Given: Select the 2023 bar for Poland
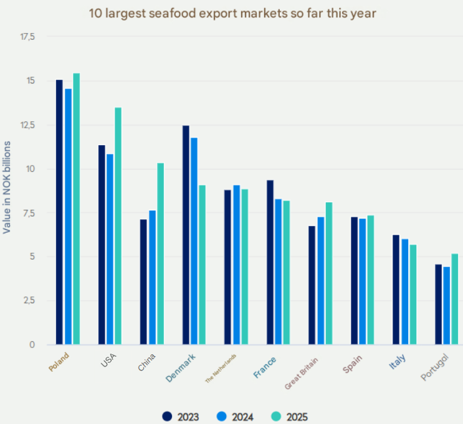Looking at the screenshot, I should (x=59, y=212).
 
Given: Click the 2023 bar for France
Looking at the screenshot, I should (x=270, y=262).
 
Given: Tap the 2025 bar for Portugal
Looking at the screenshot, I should (x=456, y=299).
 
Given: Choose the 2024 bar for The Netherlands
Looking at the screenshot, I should (x=236, y=265).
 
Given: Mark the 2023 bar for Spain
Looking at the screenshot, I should (x=354, y=281).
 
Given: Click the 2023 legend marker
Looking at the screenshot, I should (x=167, y=417).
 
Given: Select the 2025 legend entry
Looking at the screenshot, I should (x=290, y=417).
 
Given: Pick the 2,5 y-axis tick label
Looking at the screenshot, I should (x=30, y=301).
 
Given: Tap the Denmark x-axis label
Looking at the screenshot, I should (x=181, y=367).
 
